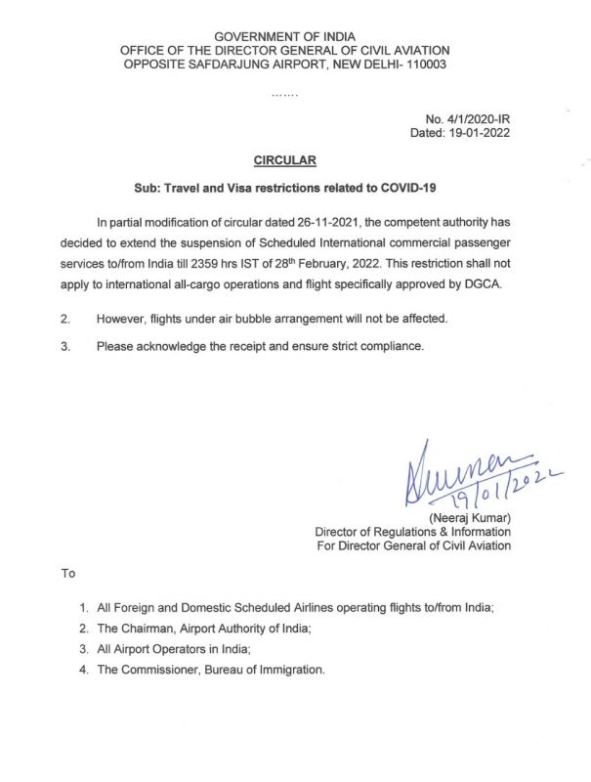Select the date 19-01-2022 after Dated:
(x=478, y=131)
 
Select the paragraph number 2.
(x=64, y=320)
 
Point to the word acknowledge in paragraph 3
(x=178, y=346)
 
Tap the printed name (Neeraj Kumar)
(x=469, y=517)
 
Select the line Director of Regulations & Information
(x=412, y=532)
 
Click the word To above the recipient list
(x=68, y=573)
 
